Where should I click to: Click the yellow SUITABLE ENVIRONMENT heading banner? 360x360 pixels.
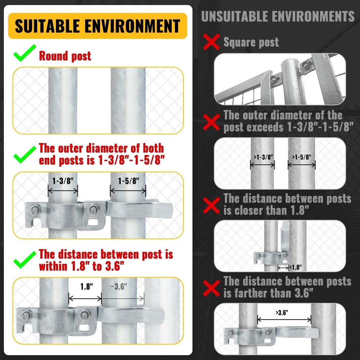coord(98,26)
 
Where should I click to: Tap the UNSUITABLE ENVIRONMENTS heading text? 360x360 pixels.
coord(278,16)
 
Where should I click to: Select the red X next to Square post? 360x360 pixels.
coord(211,42)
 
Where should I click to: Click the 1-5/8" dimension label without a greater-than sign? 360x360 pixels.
coord(128,181)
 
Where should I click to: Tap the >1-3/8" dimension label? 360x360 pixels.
coord(262,157)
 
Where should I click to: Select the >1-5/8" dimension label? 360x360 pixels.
coord(302,157)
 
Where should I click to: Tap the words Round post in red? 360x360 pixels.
coord(65,56)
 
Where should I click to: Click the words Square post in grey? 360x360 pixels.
coord(251,42)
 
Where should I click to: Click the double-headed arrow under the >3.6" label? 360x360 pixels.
coord(284,319)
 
